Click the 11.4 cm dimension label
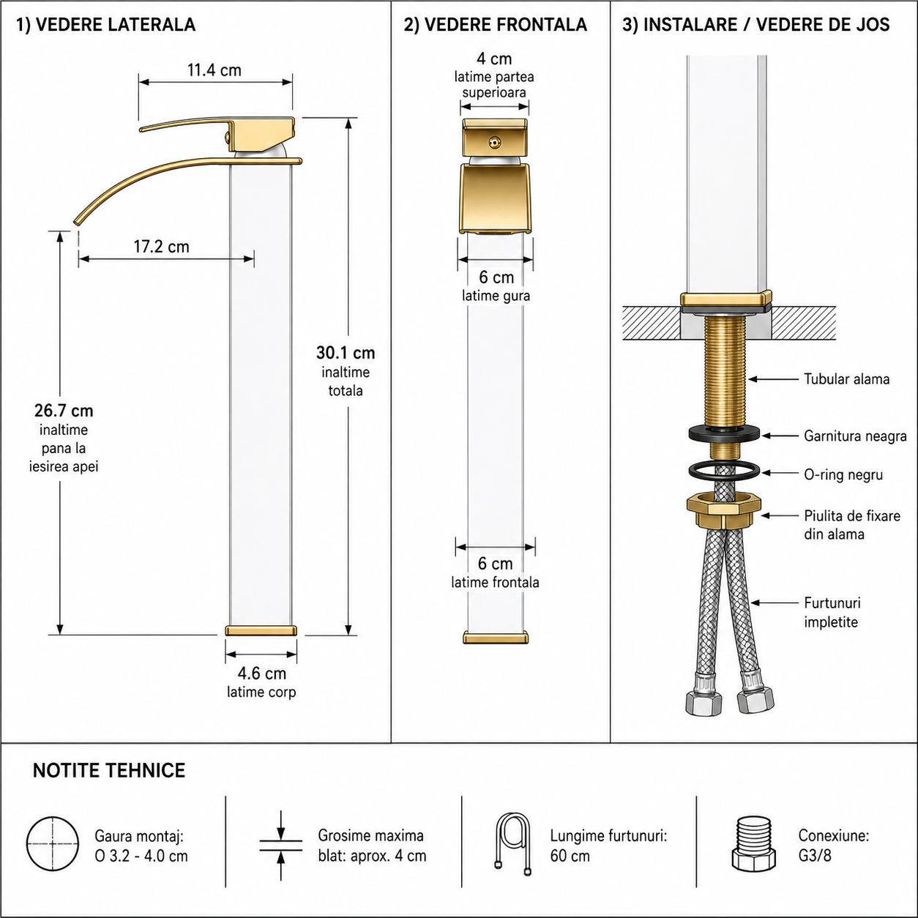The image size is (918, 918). [x=214, y=70]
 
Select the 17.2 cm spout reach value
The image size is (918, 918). [x=161, y=247]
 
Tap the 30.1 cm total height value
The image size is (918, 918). [x=346, y=353]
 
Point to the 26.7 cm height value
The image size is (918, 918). [x=64, y=411]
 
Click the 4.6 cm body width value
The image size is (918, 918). [x=261, y=673]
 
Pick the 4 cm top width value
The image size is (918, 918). [x=494, y=59]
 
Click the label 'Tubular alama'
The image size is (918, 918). [x=846, y=379]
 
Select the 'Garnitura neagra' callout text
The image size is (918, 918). [x=855, y=436]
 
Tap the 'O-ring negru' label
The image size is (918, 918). [x=843, y=475]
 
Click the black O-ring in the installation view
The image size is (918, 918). [x=690, y=471]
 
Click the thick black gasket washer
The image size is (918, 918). [x=724, y=433]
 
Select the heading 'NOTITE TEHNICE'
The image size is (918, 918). [x=109, y=770]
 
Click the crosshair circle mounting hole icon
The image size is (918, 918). [x=53, y=843]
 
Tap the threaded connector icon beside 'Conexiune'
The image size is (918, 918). [x=753, y=843]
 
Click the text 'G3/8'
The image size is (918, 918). [x=815, y=856]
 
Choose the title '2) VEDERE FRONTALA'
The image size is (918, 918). [x=496, y=25]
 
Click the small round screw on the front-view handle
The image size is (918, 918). [x=494, y=141]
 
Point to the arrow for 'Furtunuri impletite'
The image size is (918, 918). [x=774, y=602]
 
